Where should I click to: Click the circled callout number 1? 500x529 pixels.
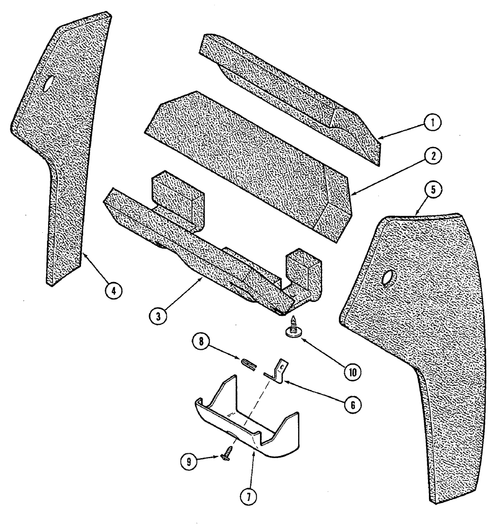tap(432, 123)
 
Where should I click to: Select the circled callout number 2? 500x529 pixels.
tap(432, 157)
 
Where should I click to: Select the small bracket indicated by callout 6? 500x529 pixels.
tap(277, 369)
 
